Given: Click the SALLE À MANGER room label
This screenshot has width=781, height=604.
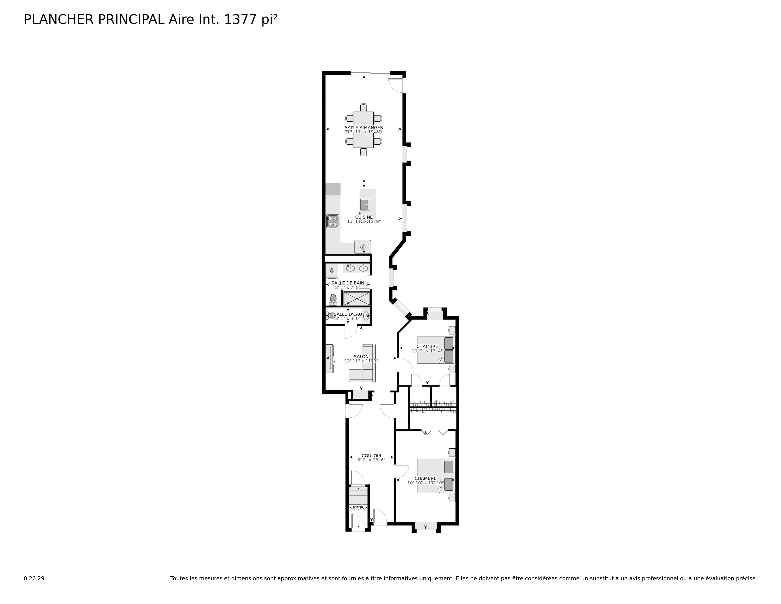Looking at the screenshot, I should [x=364, y=128].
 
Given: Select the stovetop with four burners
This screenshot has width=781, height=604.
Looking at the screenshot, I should [x=333, y=221].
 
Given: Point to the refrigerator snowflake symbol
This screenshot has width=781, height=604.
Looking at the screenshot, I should [x=363, y=247].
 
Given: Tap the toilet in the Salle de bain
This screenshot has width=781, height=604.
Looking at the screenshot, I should [x=333, y=299].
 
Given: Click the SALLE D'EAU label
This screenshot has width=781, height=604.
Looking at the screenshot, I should [x=348, y=314].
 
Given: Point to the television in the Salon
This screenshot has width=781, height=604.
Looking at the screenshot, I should [x=330, y=359].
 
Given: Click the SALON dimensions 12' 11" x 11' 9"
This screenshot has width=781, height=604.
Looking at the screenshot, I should [x=361, y=361].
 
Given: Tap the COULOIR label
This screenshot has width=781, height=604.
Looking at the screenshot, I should [x=371, y=455].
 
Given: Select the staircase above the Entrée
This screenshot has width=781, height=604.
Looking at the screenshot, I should [x=358, y=496].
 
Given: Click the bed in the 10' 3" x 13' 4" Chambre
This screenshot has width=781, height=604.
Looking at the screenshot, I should [x=435, y=350].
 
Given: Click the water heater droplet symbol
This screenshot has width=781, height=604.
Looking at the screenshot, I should [x=332, y=270].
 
